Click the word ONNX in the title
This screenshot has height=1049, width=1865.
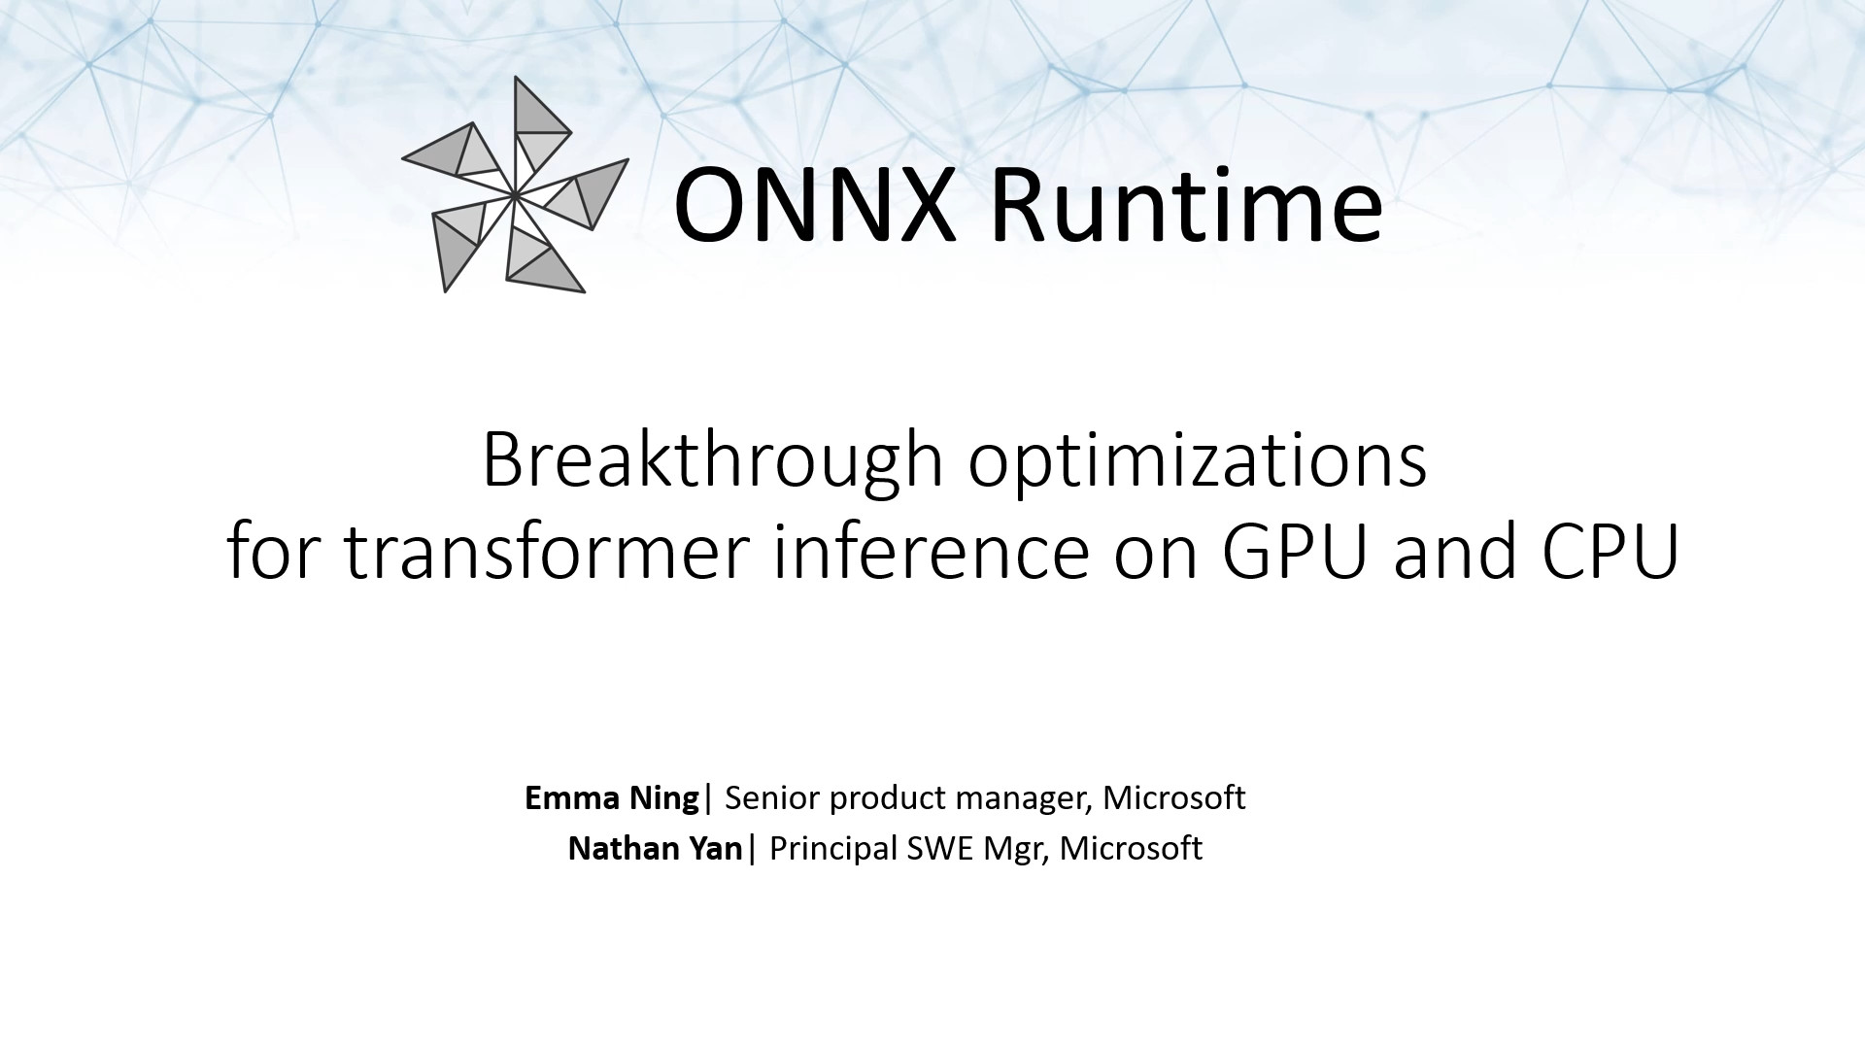(x=815, y=206)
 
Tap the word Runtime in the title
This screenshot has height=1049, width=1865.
(x=1186, y=206)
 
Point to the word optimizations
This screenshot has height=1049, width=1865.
(x=1198, y=460)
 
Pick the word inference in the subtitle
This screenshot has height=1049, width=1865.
(x=931, y=551)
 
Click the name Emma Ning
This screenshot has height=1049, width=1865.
(x=612, y=797)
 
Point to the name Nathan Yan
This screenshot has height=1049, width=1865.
(x=656, y=848)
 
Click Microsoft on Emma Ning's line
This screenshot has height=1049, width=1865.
(x=1174, y=797)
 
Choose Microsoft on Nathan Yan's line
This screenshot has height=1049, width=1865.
(x=1132, y=848)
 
